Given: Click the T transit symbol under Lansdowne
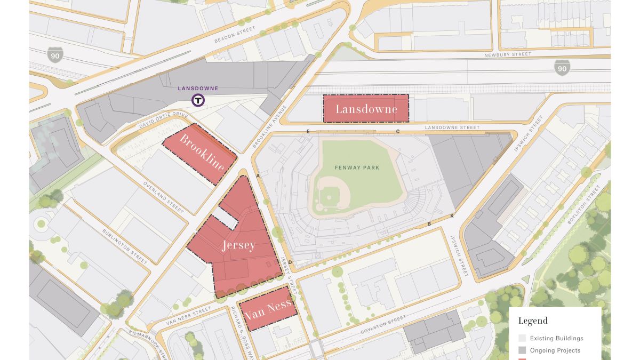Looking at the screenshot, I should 198,100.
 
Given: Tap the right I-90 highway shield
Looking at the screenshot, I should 562,67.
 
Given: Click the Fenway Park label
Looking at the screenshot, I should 357,167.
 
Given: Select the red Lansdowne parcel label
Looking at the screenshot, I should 366,109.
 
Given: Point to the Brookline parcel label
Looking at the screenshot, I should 202,153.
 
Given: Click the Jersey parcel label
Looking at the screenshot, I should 239,246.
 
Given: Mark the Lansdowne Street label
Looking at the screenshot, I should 445,128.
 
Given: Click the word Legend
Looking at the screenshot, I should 533,321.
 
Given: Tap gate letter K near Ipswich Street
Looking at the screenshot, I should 452,215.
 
